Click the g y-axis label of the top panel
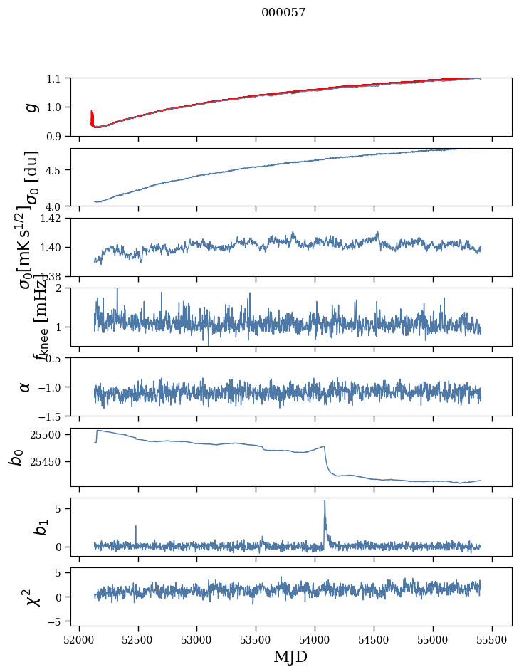click(x=30, y=107)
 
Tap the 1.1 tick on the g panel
click(x=57, y=78)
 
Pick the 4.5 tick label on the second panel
click(x=57, y=170)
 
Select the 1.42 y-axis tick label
click(x=54, y=219)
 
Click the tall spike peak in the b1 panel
click(x=325, y=501)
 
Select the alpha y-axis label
click(x=25, y=387)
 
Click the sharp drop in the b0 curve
click(x=327, y=459)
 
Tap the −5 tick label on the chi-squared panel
click(x=58, y=621)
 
